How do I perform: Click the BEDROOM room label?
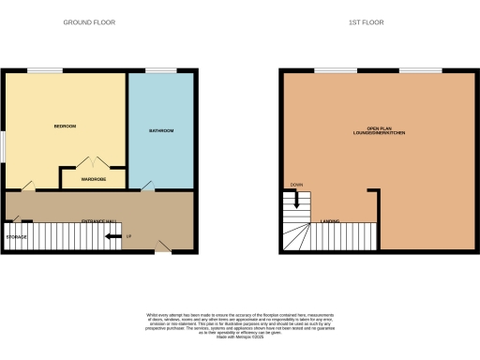[64, 126]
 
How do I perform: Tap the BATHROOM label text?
[161, 130]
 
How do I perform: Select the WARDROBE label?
[93, 178]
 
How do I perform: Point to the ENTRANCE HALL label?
[98, 220]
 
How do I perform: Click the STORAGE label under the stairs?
[17, 237]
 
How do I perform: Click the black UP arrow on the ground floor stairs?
[113, 236]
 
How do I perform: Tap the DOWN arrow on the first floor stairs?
[296, 199]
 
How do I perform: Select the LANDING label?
[329, 221]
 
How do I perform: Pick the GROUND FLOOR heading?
[88, 22]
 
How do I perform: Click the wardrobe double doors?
[93, 163]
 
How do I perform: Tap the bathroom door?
[147, 188]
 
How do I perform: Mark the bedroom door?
[29, 186]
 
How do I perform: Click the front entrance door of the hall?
[162, 247]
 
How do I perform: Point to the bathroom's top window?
[160, 71]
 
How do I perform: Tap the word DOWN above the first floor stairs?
[296, 185]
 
